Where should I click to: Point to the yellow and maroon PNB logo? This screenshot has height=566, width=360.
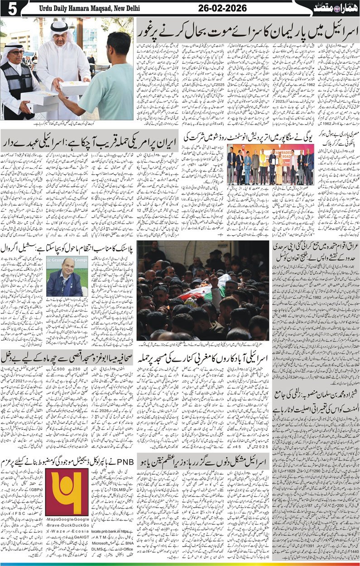click(x=66, y=491)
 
